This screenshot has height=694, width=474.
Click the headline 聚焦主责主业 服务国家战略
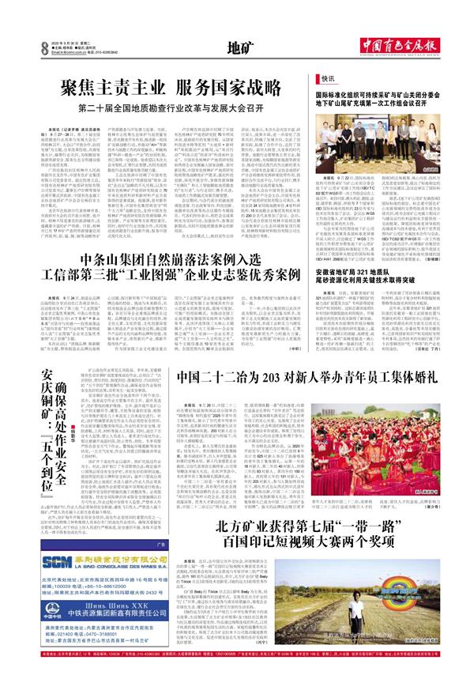pos(169,85)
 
